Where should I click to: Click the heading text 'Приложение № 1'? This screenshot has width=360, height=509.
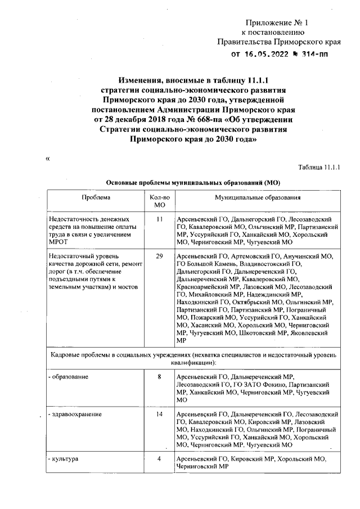tap(277, 23)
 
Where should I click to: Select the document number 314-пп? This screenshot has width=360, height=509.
tap(313, 55)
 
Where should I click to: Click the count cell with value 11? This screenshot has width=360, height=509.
tap(159, 219)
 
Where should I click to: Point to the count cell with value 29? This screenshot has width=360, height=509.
tap(159, 256)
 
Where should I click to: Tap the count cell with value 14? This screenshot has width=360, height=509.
tap(159, 415)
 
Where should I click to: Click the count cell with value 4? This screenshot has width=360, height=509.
tap(159, 459)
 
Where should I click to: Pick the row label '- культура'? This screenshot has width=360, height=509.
tap(64, 459)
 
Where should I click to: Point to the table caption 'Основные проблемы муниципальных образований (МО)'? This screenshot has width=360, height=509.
tap(193, 183)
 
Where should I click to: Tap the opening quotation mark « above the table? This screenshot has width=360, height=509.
tap(48, 159)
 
